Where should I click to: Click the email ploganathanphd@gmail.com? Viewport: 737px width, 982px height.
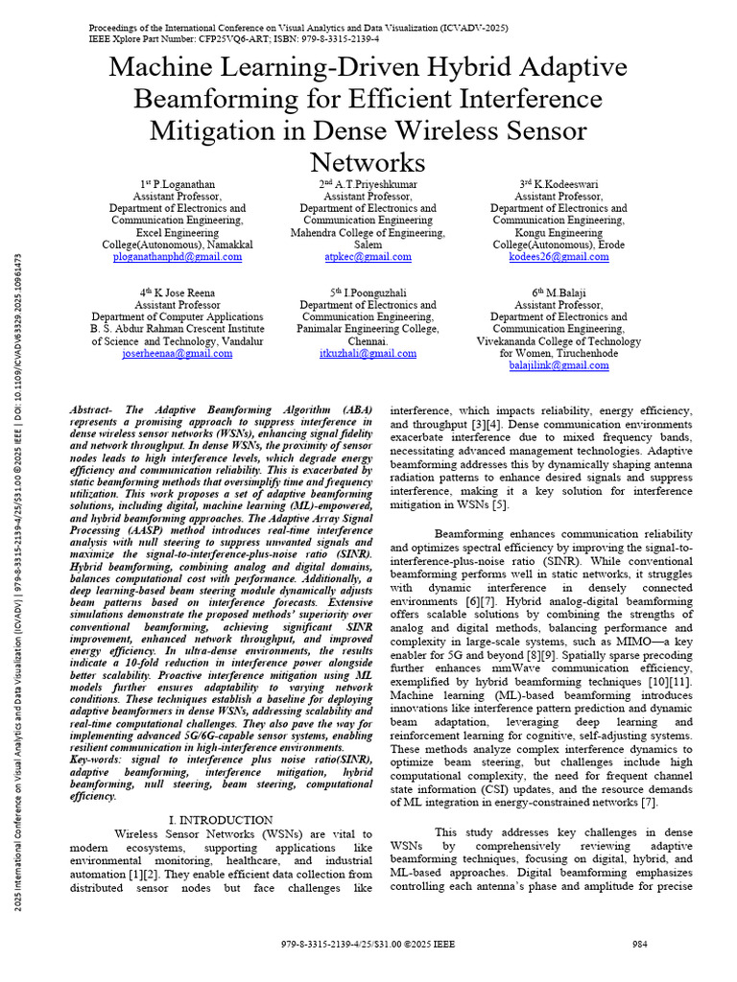pyautogui.click(x=178, y=257)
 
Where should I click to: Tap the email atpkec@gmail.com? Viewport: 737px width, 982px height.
pyautogui.click(x=368, y=257)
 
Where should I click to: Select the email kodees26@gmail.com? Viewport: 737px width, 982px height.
pyautogui.click(x=559, y=257)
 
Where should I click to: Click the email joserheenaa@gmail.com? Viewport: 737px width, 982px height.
pyautogui.click(x=178, y=353)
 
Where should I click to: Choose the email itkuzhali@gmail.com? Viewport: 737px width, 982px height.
pyautogui.click(x=368, y=353)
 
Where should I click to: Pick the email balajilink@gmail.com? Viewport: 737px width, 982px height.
pyautogui.click(x=559, y=365)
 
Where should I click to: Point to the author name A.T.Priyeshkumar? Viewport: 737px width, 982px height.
pyautogui.click(x=374, y=183)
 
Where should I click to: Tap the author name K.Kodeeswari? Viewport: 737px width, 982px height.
pyautogui.click(x=564, y=183)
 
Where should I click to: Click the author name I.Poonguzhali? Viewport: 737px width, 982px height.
pyautogui.click(x=374, y=292)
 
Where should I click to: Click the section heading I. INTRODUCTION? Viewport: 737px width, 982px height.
pyautogui.click(x=221, y=820)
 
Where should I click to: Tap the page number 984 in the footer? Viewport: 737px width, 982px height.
pyautogui.click(x=639, y=944)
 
